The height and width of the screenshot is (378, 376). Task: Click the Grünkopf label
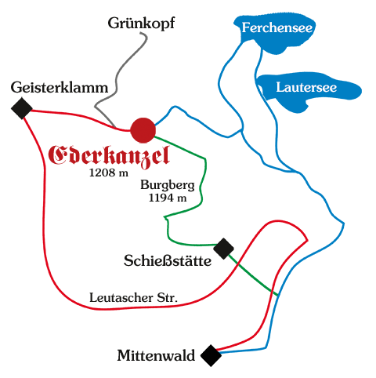[141, 24]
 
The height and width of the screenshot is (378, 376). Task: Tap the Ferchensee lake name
[277, 27]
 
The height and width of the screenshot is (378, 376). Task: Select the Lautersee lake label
[306, 87]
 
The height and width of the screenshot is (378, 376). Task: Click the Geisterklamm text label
[60, 87]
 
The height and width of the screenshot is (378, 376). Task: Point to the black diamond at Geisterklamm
[22, 108]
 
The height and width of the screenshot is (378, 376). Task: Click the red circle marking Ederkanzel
[143, 130]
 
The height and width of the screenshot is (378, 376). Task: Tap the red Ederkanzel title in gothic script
[109, 156]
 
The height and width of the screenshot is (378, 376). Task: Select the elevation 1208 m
[109, 173]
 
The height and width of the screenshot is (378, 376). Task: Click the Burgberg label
[168, 185]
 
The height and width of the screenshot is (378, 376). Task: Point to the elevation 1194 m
[168, 198]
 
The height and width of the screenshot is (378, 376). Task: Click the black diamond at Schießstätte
[223, 249]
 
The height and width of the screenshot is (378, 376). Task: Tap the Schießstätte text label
[168, 260]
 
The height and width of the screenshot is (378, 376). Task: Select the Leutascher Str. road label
[133, 297]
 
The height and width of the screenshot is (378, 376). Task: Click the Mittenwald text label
[156, 355]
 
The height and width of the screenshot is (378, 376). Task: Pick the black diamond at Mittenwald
[211, 356]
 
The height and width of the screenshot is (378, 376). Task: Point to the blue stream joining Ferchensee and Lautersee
[258, 65]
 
